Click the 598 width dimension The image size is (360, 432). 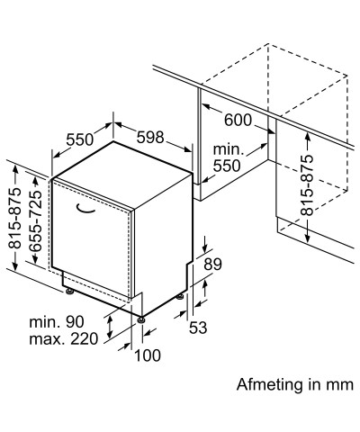tap(150, 138)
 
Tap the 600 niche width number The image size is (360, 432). tap(238, 121)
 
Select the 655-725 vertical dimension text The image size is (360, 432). tap(36, 220)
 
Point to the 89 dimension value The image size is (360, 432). tap(212, 265)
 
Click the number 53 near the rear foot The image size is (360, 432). tap(198, 328)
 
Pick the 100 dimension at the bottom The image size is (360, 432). tap(148, 355)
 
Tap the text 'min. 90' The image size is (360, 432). tap(57, 322)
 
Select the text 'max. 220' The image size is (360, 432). tap(64, 339)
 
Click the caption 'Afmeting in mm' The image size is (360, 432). tap(295, 384)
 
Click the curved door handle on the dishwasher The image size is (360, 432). tap(85, 211)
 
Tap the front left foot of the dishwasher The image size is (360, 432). tap(70, 292)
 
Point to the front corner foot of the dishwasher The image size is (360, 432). tap(141, 319)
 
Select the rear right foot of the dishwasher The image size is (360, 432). tap(180, 297)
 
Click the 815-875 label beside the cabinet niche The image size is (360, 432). tap(307, 184)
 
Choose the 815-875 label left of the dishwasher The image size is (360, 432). tap(15, 218)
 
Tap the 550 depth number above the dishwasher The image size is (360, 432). tap(80, 139)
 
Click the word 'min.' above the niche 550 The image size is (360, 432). tap(229, 149)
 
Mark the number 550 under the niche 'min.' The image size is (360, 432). tap(227, 166)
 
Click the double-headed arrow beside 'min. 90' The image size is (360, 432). tap(110, 327)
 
